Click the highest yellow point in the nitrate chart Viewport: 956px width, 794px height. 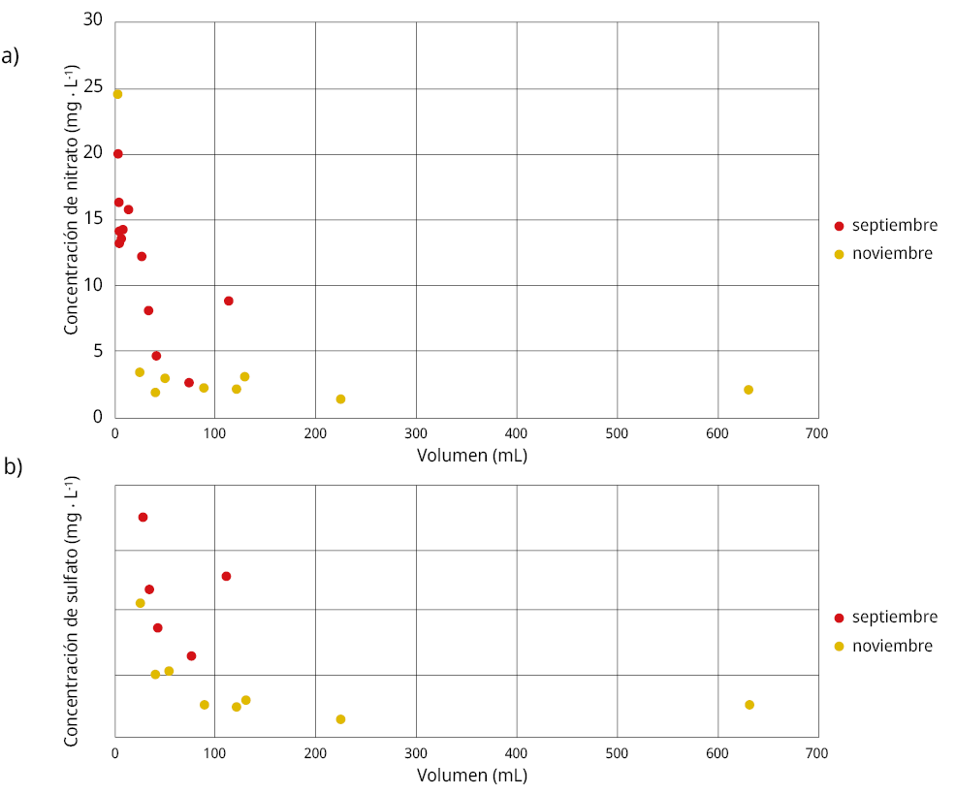point(117,94)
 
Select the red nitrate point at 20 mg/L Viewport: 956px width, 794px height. point(117,153)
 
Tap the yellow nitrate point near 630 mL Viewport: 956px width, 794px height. point(749,390)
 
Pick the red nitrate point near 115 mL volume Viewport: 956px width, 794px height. point(229,301)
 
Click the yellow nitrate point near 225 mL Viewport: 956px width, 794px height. point(340,399)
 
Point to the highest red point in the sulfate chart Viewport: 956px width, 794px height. point(143,517)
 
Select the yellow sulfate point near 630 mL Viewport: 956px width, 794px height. point(749,705)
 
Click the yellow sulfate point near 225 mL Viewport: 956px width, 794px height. point(340,719)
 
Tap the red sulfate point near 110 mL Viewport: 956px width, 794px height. point(226,576)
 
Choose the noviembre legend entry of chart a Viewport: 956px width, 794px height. point(891,254)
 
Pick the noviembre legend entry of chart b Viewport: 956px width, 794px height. point(891,646)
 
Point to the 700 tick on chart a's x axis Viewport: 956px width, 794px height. point(817,433)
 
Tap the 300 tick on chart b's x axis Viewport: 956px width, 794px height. point(416,753)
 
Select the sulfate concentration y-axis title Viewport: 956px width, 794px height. point(72,612)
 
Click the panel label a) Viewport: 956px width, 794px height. point(11,55)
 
